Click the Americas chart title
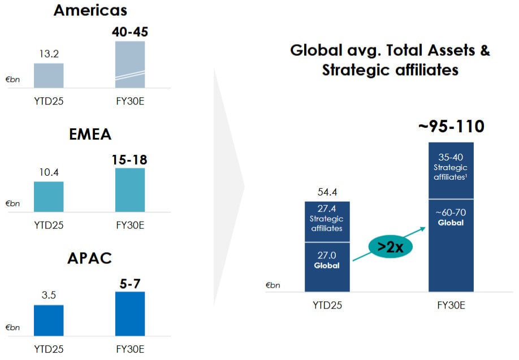90,10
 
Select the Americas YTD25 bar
49,75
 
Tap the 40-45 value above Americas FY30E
129,32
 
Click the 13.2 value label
49,55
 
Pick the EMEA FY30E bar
129,190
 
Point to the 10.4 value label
49,173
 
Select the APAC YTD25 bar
49,320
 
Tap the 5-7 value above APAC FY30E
129,283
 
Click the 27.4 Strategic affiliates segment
327,222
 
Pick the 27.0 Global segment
327,266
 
